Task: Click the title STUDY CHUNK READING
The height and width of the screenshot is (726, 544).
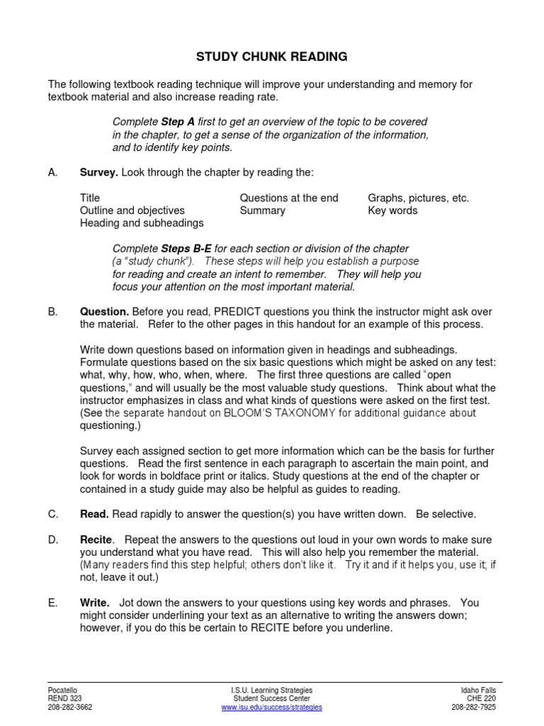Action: [x=272, y=56]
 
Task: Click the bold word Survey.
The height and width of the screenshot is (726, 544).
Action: [x=98, y=172]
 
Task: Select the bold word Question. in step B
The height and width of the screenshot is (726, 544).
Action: [x=104, y=312]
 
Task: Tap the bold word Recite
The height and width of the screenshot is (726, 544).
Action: [x=96, y=540]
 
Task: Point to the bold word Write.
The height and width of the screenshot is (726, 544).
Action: [x=95, y=603]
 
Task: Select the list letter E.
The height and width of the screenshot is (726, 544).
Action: [x=52, y=603]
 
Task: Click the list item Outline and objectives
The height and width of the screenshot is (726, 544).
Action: [x=132, y=211]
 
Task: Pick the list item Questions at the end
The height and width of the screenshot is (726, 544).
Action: [x=289, y=198]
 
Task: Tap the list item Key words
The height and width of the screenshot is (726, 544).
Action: [x=392, y=211]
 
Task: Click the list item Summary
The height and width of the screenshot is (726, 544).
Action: [x=263, y=211]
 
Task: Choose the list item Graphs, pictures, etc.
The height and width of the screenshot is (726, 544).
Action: [x=418, y=198]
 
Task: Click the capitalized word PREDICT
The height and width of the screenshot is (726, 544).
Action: [x=240, y=312]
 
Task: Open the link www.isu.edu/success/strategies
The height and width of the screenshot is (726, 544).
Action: [x=271, y=707]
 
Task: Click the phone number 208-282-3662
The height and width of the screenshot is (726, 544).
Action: [x=70, y=707]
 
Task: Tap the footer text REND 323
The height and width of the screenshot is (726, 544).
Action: [x=63, y=698]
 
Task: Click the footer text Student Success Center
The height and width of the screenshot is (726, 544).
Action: [x=271, y=698]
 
